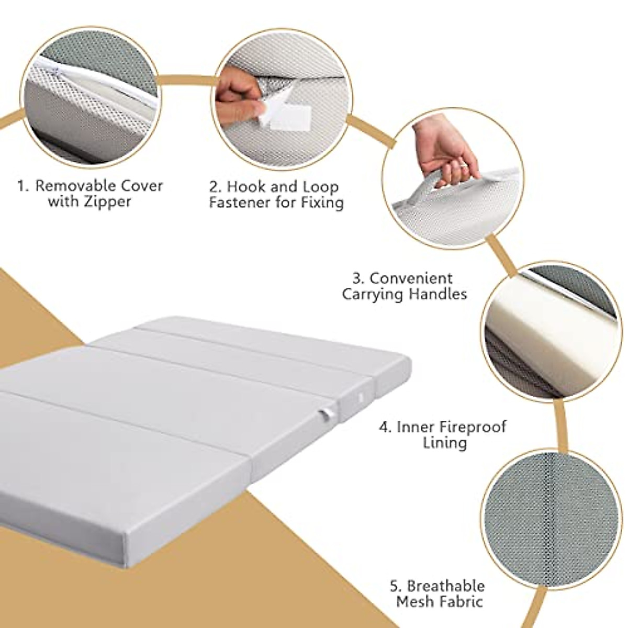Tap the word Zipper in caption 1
[x=106, y=202]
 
